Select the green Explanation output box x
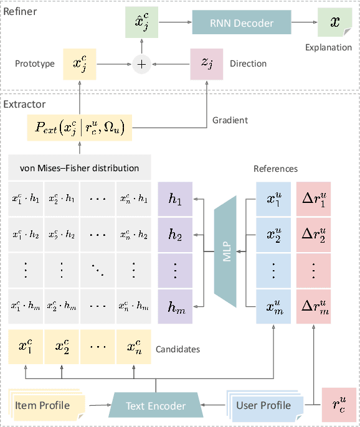(334, 23)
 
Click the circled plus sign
(141, 63)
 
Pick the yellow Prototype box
(79, 63)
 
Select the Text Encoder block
(156, 406)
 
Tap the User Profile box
(263, 406)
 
